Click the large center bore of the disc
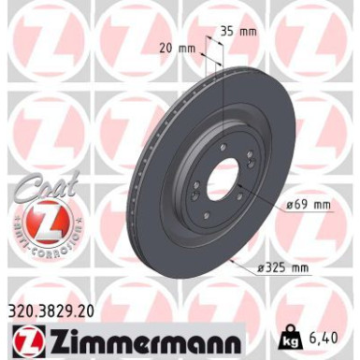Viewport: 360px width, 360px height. [x=216, y=171]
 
